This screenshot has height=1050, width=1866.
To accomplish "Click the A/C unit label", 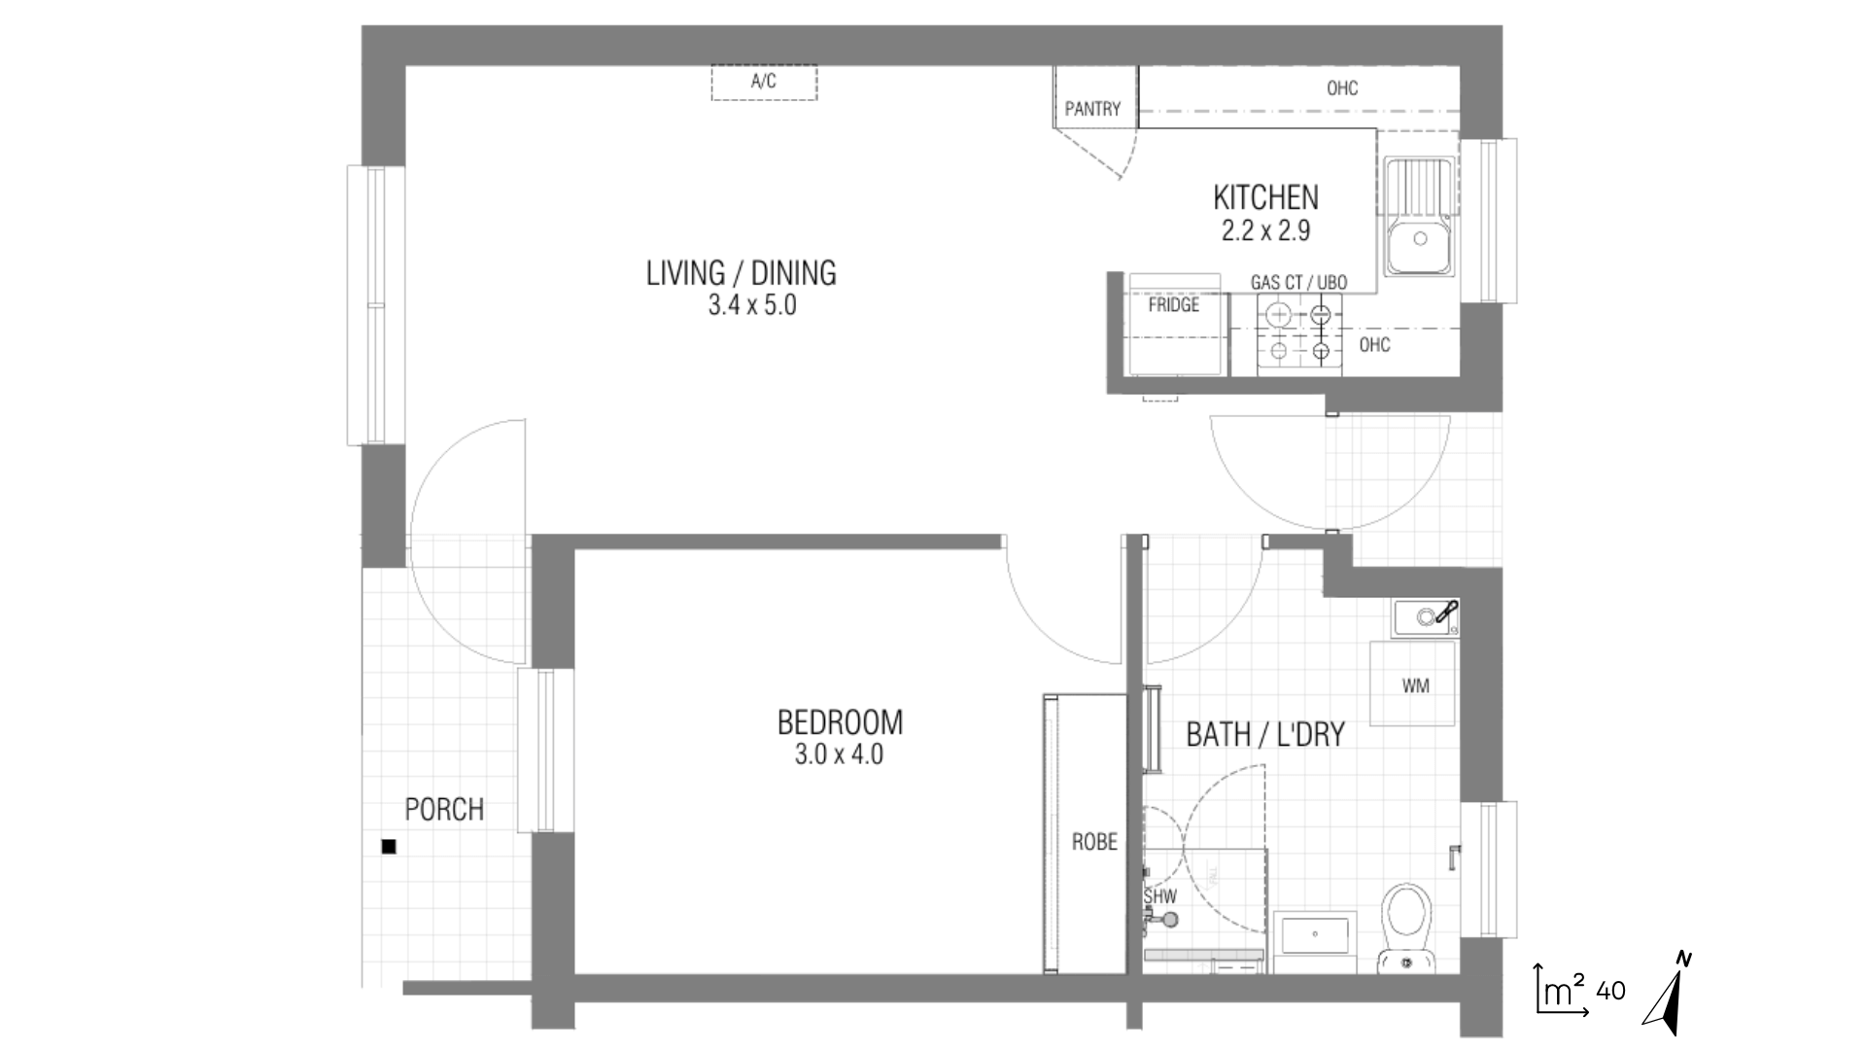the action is [764, 82].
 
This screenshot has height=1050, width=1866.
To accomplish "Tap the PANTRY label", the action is [1092, 109].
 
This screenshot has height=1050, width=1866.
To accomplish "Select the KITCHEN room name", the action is [1265, 197].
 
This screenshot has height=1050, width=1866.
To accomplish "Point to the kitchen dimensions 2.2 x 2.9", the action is [1266, 230].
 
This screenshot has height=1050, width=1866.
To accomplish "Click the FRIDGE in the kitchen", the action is [1174, 324].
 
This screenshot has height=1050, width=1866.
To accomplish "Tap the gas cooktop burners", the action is [1299, 333].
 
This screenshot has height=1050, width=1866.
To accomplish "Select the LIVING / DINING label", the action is [742, 273].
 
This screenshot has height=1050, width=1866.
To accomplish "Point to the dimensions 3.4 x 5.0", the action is [752, 305].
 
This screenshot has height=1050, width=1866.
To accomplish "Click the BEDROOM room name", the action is [840, 722].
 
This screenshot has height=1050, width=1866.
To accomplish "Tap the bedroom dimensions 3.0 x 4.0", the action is [839, 753].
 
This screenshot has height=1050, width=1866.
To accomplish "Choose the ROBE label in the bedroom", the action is [1094, 842].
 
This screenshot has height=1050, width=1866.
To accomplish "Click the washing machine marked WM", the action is [1413, 683].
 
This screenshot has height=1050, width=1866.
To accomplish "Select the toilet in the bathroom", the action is [1406, 926].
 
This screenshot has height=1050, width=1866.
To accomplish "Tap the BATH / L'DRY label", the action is [1265, 734].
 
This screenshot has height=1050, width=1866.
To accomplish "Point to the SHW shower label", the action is [1160, 896].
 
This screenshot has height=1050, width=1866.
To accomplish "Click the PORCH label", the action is [444, 809].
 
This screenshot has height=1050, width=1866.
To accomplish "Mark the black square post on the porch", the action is [389, 847].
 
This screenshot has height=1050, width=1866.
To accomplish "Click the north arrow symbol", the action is [1668, 994].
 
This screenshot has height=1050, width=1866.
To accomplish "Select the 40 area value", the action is [1610, 991].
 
